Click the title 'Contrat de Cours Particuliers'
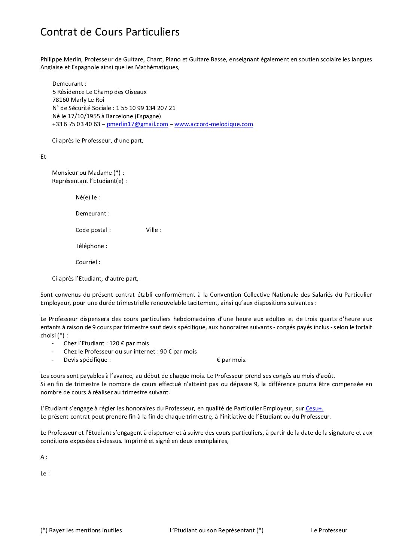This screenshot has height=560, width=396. click(x=110, y=32)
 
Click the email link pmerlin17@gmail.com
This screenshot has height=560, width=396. click(x=137, y=124)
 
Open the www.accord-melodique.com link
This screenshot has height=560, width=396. click(x=213, y=124)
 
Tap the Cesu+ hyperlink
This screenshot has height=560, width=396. click(x=314, y=408)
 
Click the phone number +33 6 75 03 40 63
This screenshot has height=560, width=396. click(x=76, y=124)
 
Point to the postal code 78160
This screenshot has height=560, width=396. click(x=60, y=100)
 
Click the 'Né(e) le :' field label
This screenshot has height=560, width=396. click(x=88, y=198)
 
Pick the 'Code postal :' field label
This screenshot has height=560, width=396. click(x=93, y=230)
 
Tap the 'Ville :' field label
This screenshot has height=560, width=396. click(x=153, y=230)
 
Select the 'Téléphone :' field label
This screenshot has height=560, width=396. click(x=91, y=246)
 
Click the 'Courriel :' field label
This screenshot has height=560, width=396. click(x=88, y=262)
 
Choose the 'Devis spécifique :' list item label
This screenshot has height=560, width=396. click(x=87, y=360)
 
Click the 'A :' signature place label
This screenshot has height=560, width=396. click(x=44, y=457)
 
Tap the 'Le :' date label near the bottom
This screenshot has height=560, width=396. click(x=45, y=474)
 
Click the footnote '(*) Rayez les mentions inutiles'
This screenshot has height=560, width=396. click(x=81, y=530)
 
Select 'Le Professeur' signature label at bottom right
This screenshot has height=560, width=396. click(x=329, y=530)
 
